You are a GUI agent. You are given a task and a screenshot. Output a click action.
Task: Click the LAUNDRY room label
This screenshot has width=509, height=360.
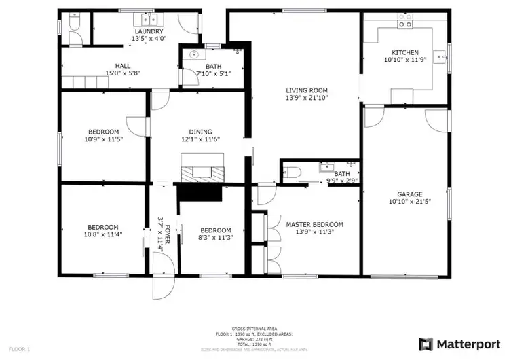click(x=148, y=31)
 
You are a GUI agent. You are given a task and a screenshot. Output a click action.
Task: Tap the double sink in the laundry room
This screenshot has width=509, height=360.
click(x=149, y=19)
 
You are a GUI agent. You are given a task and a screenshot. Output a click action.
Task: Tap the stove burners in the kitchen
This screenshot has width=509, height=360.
click(x=405, y=24)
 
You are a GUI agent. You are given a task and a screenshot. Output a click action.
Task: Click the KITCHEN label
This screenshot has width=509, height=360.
click(x=405, y=53)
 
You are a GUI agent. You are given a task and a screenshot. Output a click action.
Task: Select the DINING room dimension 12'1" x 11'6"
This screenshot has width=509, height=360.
click(x=201, y=140)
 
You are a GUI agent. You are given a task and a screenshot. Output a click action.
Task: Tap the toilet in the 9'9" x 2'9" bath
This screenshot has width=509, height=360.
click(x=292, y=173)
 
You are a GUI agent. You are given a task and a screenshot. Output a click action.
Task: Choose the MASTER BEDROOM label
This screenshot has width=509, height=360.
click(x=314, y=224)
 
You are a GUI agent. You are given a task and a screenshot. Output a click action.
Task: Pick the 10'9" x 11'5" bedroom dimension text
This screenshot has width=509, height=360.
click(x=103, y=140)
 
